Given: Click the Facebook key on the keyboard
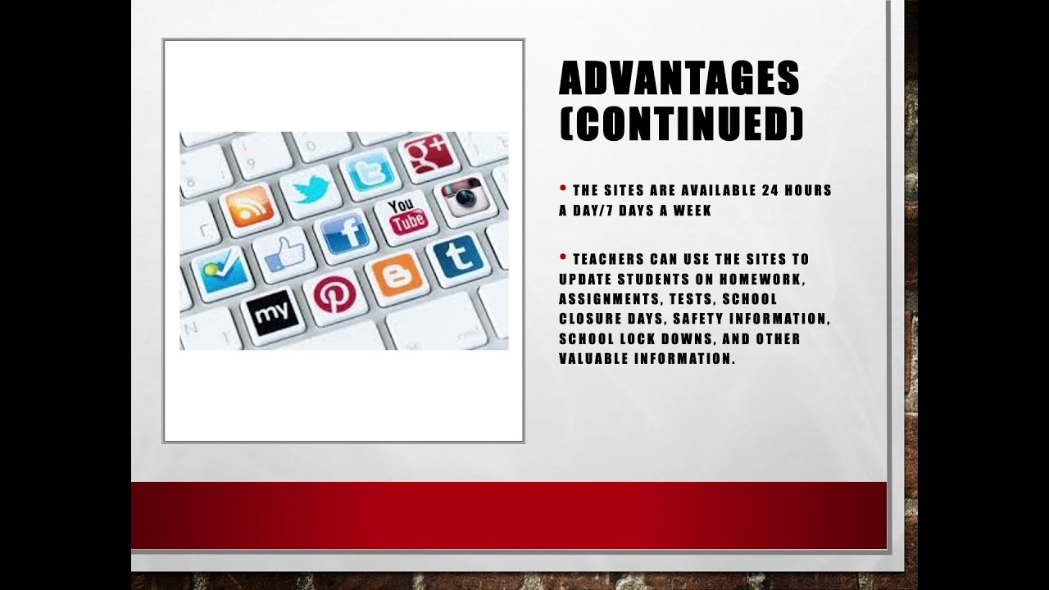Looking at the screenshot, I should pyautogui.click(x=345, y=233).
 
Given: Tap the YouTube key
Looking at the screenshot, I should pyautogui.click(x=406, y=216).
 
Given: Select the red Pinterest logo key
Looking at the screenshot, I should pyautogui.click(x=335, y=293).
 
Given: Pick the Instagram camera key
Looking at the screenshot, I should pyautogui.click(x=464, y=197).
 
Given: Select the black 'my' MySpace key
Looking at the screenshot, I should pyautogui.click(x=271, y=312).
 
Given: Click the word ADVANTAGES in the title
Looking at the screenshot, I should pyautogui.click(x=679, y=79).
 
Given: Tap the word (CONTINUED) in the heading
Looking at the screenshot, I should pyautogui.click(x=681, y=123).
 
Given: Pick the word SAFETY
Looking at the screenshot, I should pyautogui.click(x=697, y=319).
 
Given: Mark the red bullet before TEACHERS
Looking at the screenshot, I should pyautogui.click(x=563, y=256).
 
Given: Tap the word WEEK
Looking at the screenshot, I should pyautogui.click(x=692, y=211).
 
